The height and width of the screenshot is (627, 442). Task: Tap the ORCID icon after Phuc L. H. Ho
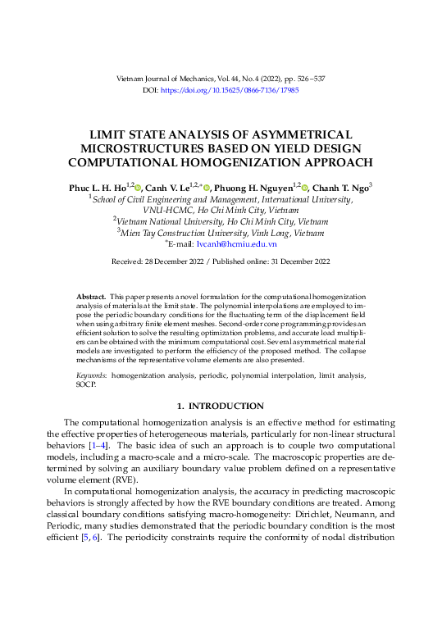[x=139, y=188]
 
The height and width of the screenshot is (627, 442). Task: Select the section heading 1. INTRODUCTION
[x=221, y=407]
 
